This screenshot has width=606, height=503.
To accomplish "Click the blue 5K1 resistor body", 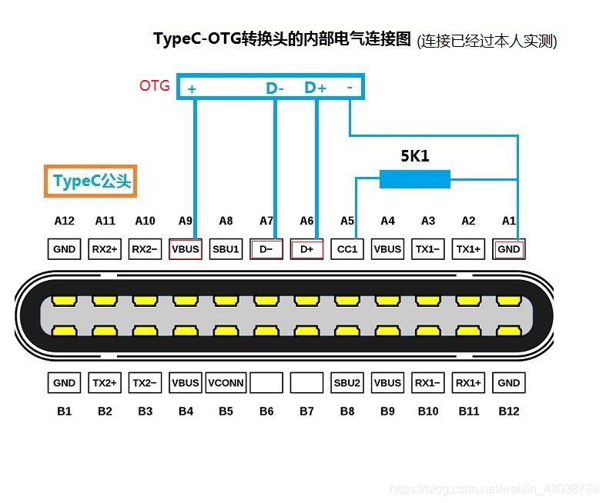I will point(414,179).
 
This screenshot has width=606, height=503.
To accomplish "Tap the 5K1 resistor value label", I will point(414,156).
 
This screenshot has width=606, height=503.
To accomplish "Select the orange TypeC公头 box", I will point(90,182).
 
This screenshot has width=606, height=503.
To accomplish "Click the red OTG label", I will point(154,85).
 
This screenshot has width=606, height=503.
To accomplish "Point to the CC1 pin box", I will point(347,249).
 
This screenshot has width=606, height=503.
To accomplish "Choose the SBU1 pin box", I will point(226,249).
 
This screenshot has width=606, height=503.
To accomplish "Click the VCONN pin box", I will point(226,382).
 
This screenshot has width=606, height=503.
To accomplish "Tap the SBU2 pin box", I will point(347,382).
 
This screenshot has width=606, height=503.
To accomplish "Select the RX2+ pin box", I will point(105,249).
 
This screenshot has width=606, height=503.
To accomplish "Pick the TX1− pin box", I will point(428,249).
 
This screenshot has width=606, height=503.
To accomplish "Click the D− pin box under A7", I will point(266,249).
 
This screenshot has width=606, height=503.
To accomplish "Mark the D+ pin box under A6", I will point(306,249).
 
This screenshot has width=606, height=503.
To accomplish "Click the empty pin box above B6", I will point(266,382).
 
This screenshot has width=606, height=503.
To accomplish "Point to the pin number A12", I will point(65,221).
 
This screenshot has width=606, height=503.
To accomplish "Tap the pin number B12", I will point(509,411).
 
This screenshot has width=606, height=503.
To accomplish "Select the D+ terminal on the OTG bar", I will point(316,88).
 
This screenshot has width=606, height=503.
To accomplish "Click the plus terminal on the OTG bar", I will point(192,89).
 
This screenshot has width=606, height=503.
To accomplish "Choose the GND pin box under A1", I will point(509,249).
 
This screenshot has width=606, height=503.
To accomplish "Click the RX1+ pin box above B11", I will point(468,382).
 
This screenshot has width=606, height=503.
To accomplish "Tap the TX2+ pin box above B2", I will point(105,382).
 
